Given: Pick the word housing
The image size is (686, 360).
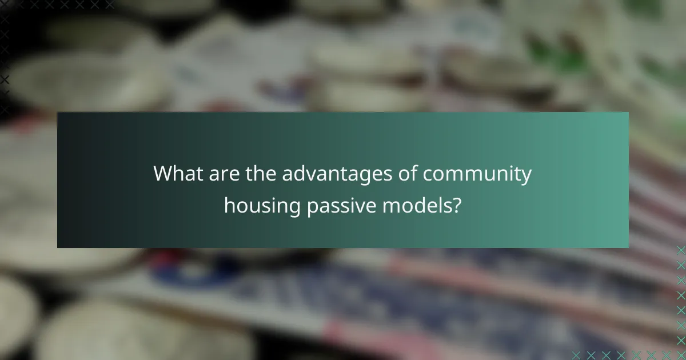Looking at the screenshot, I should point(262,205).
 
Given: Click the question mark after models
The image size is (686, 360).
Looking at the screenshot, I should point(457,204).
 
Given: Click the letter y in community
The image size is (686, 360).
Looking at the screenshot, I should point(526,177).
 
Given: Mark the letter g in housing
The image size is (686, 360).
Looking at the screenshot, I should point(294,207).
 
